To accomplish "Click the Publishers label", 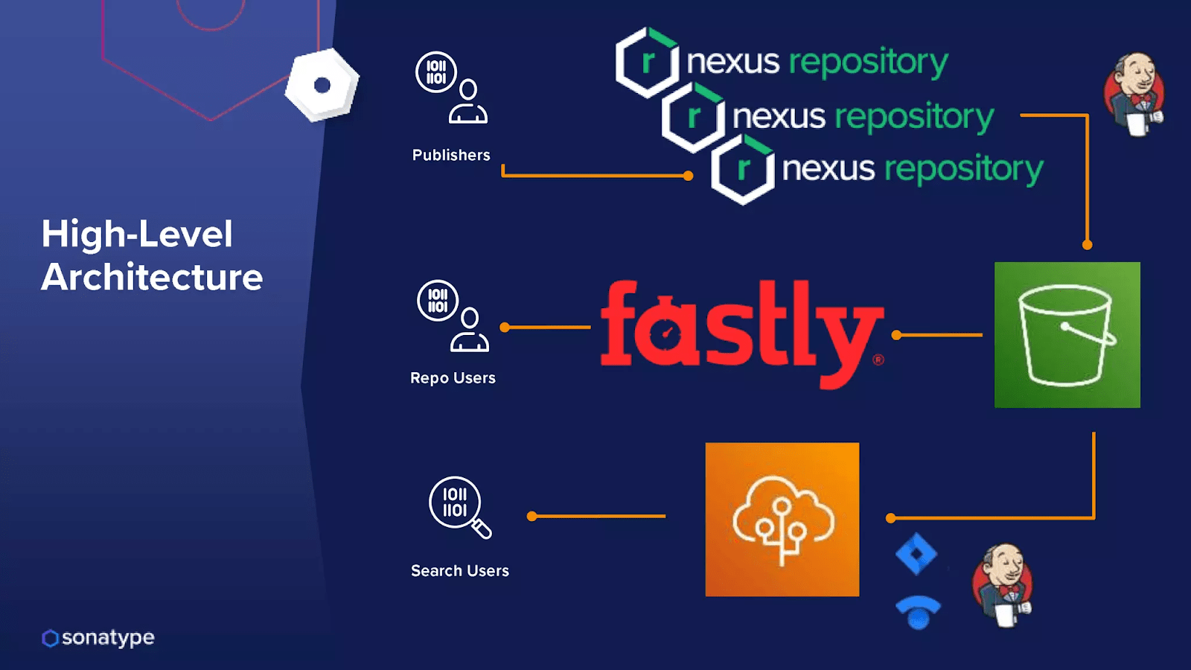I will pyautogui.click(x=451, y=155).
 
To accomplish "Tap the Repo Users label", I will pyautogui.click(x=453, y=377).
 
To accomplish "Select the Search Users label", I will pyautogui.click(x=460, y=570).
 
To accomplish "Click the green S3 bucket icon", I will pyautogui.click(x=1067, y=335).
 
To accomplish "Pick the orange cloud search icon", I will pyautogui.click(x=782, y=520).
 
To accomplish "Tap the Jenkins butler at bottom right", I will pyautogui.click(x=1003, y=585).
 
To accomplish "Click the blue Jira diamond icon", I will pyautogui.click(x=916, y=554).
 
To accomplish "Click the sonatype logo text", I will pyautogui.click(x=107, y=638).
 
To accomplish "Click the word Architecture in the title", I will pyautogui.click(x=152, y=277).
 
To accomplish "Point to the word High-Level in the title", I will pyautogui.click(x=137, y=234).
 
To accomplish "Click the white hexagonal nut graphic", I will pyautogui.click(x=322, y=85).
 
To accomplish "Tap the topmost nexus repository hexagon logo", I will pyautogui.click(x=647, y=63).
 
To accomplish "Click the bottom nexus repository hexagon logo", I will pyautogui.click(x=742, y=170).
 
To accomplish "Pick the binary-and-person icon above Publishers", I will pyautogui.click(x=451, y=88).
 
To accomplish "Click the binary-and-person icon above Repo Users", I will pyautogui.click(x=453, y=316).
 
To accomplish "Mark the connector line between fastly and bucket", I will pyautogui.click(x=938, y=335).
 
